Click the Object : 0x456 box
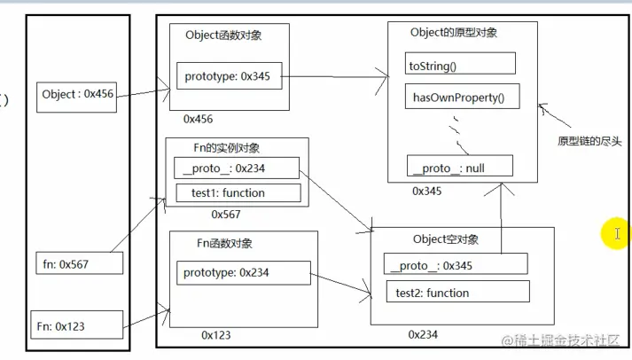click(77, 95)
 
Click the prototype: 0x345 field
click(230, 77)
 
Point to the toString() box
click(459, 64)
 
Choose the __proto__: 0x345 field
click(456, 264)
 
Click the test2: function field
click(456, 292)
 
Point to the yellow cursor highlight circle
click(613, 234)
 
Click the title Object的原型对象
click(454, 33)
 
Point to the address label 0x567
click(225, 214)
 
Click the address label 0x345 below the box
click(427, 191)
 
